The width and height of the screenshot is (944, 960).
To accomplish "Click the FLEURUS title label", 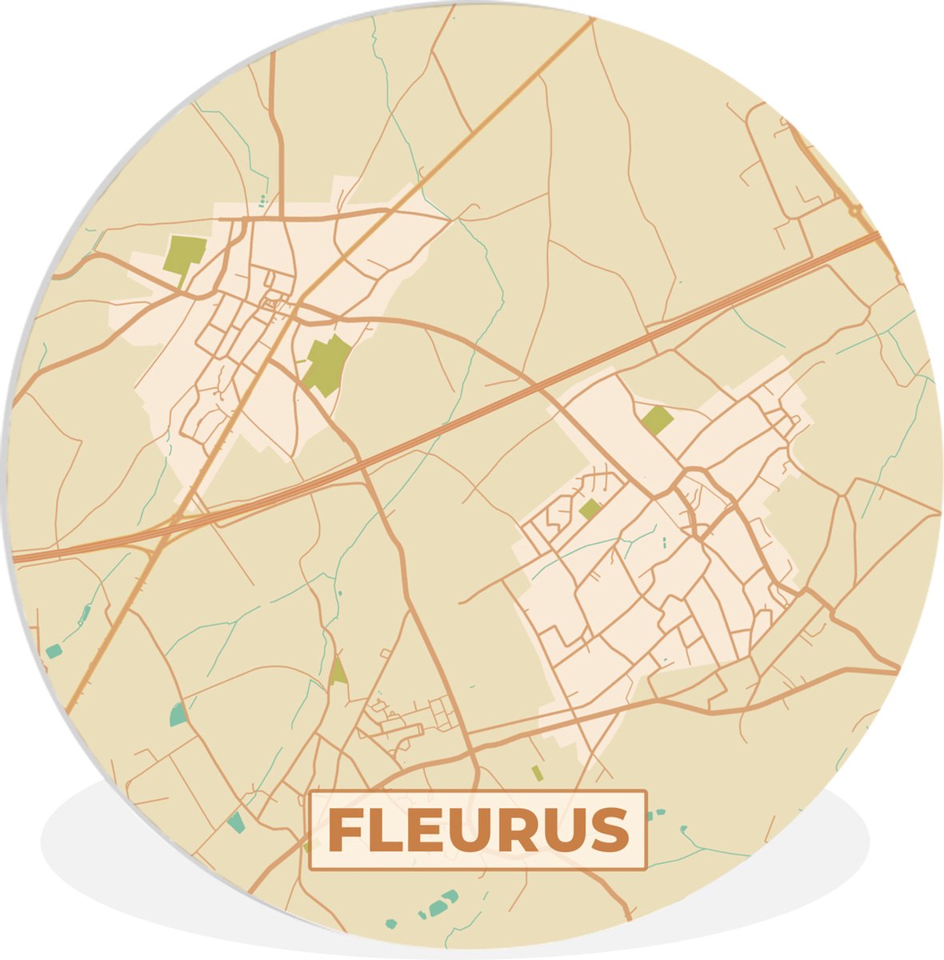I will [478, 830].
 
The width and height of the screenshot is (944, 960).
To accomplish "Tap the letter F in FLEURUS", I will [345, 831].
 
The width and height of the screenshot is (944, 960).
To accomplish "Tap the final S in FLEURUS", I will [610, 831].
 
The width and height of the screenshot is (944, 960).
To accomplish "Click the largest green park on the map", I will [327, 365].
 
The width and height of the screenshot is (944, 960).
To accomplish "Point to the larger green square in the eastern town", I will [657, 419].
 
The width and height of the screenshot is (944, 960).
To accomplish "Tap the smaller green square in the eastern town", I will [590, 509].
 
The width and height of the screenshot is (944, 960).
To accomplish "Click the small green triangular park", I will [338, 671].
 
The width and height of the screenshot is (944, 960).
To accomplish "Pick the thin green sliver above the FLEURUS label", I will [538, 773].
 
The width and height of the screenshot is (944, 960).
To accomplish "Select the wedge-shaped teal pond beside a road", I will [178, 714].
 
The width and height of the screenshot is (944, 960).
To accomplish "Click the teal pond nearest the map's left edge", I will [53, 651].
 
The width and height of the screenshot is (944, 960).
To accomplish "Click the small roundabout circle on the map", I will [857, 211].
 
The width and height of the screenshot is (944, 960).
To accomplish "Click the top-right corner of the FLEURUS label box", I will [645, 792].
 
